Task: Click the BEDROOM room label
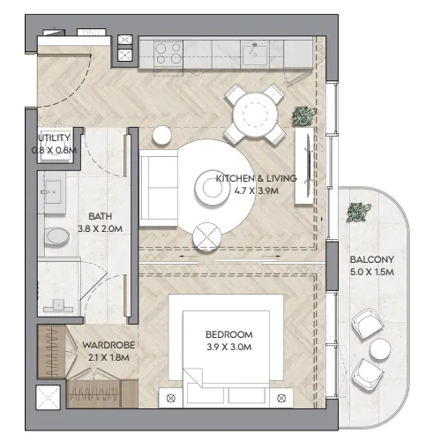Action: [x=229, y=334]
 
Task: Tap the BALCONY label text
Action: [x=372, y=259]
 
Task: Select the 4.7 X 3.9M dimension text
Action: [x=257, y=191]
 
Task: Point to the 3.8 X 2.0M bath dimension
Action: [x=101, y=228]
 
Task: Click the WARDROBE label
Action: [x=108, y=345]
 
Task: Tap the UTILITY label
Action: [x=55, y=138]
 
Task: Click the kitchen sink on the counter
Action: [x=255, y=55]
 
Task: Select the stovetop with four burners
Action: [x=168, y=53]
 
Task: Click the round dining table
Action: [x=255, y=116]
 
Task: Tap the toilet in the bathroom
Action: [x=57, y=236]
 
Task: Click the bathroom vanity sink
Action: [x=52, y=192]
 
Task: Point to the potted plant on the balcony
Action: [x=358, y=212]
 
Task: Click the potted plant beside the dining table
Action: [x=304, y=116]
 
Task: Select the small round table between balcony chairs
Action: [x=380, y=349]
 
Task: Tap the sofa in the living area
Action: [x=159, y=188]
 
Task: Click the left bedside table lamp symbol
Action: [x=170, y=399]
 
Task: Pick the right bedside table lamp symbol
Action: [x=281, y=399]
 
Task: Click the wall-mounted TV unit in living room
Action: [x=304, y=165]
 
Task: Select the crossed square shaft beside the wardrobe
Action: [x=49, y=398]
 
